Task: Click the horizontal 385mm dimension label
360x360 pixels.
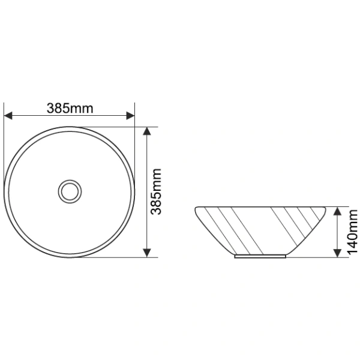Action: pos(70,109)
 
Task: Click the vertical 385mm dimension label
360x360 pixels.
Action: pos(157,191)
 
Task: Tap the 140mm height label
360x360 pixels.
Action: pos(353,232)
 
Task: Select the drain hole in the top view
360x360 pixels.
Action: pos(70,191)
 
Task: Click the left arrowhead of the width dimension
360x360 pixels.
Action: pos(8,116)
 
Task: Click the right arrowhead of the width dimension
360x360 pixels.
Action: pos(130,116)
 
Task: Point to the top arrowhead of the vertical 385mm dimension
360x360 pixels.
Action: pos(147,131)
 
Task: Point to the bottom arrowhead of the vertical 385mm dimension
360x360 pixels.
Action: pos(147,253)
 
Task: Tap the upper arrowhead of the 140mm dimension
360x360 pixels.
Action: pos(337,211)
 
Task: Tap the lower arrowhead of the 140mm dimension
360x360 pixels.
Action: pos(337,253)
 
